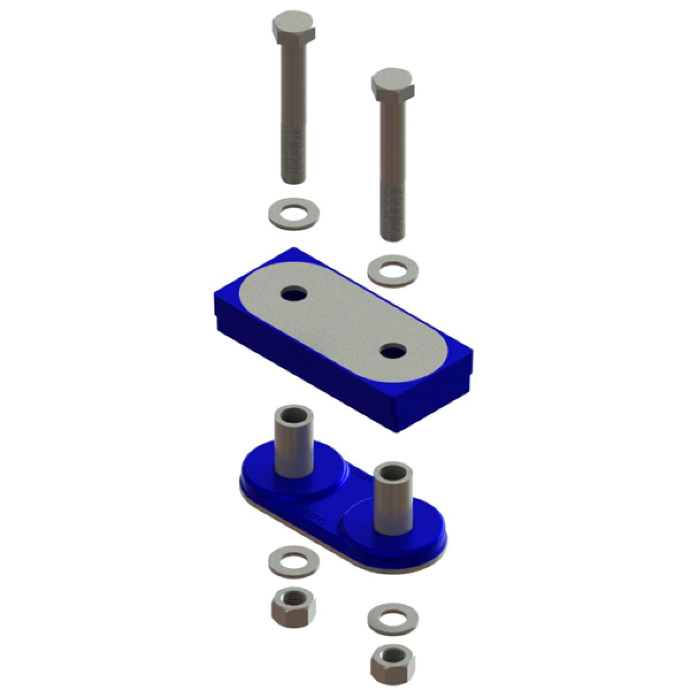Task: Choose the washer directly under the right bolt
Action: point(393,270)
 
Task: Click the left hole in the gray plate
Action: point(294,294)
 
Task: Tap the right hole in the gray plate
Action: point(393,349)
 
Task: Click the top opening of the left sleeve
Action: point(295,413)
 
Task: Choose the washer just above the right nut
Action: point(393,618)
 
